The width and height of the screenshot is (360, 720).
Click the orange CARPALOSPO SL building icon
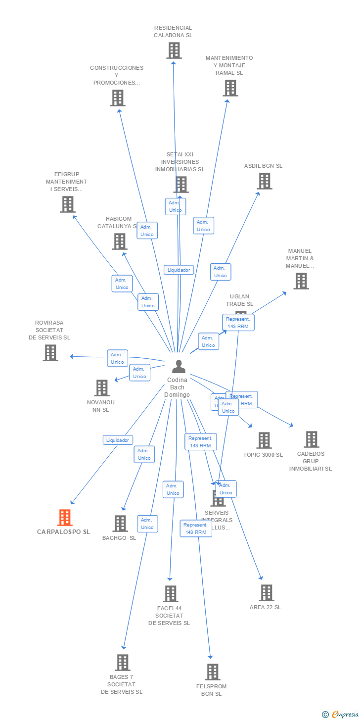pos(65,518)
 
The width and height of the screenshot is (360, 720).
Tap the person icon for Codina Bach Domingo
pos(179,367)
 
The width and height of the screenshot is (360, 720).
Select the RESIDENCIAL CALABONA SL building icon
pos(174,50)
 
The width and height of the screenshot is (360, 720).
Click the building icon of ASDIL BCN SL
pos(264,181)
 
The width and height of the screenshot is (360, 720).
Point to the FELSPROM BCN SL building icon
pos(213,672)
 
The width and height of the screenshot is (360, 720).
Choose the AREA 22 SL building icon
pos(266,593)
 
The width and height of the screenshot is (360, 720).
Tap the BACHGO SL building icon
pos(120,524)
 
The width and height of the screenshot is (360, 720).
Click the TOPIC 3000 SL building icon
pos(264,440)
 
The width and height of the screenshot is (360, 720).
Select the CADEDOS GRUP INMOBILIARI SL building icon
pos(311,439)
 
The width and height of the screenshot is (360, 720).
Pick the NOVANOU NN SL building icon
pos(102,388)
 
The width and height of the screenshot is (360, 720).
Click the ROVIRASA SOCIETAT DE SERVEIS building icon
pos(50,353)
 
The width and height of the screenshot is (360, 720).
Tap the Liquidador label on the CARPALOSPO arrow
pos(118,440)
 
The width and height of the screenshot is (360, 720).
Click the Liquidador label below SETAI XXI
pos(179,270)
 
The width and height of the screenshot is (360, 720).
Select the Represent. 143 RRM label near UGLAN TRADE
pos(238,323)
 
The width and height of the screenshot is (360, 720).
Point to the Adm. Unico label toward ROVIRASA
pos(117,358)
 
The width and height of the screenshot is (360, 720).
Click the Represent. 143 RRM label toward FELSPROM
pos(196,528)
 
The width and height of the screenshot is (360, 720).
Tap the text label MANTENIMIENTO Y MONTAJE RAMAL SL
pos(229,65)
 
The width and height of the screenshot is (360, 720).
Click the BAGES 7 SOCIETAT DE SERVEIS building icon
pos(122,663)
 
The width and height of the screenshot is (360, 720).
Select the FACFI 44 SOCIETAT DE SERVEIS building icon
pos(170,594)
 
